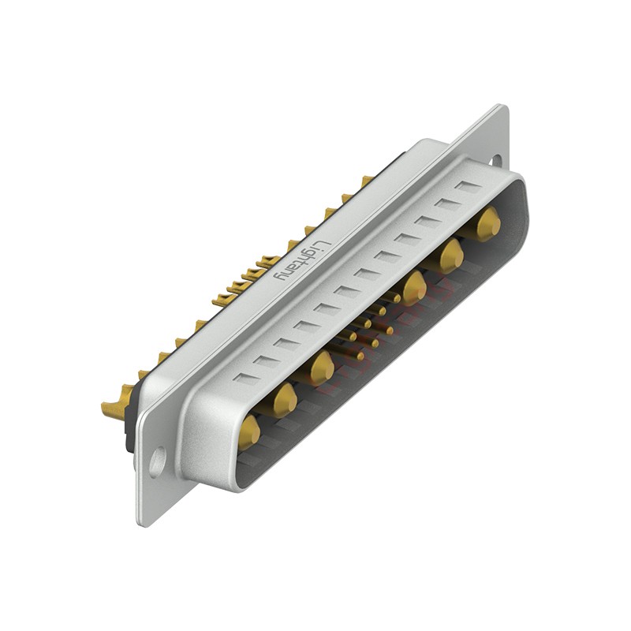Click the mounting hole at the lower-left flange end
157,461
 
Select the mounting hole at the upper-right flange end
496,160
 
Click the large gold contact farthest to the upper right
488,222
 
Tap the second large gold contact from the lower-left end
285,401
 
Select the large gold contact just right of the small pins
413,288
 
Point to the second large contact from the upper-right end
451,255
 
